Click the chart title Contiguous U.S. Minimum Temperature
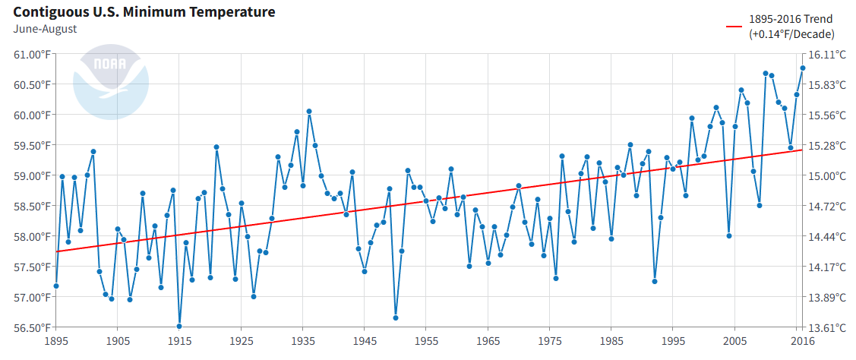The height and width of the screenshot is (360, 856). click(144, 12)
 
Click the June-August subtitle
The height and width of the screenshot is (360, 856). click(45, 29)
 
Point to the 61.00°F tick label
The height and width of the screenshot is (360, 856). click(31, 54)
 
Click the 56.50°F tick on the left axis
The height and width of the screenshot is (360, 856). click(31, 327)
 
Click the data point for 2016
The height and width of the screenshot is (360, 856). click(803, 68)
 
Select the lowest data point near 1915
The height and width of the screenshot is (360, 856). click(179, 327)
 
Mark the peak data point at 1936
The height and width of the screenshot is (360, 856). click(309, 112)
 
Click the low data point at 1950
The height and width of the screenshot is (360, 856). click(396, 317)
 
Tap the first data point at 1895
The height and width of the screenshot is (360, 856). click(56, 286)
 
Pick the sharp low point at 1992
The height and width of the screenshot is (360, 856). click(655, 281)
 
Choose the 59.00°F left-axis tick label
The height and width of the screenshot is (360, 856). click(31, 175)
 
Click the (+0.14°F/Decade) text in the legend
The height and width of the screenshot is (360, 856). click(791, 34)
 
